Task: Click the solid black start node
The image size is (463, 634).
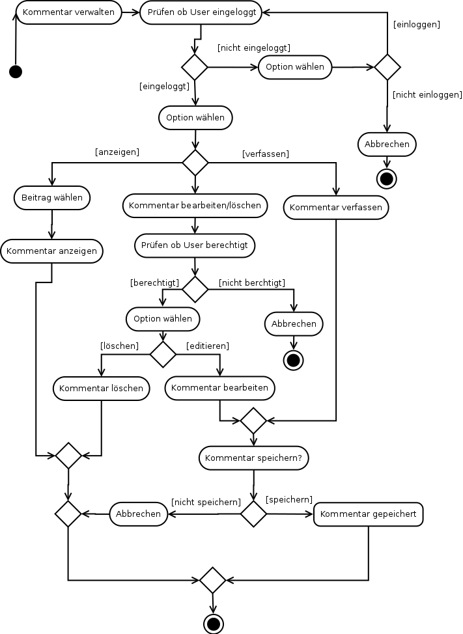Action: pyautogui.click(x=16, y=72)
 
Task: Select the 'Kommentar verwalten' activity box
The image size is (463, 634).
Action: pyautogui.click(x=69, y=12)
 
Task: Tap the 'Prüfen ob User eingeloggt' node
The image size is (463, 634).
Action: pyautogui.click(x=201, y=12)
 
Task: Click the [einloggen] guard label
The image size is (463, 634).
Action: pyautogui.click(x=417, y=25)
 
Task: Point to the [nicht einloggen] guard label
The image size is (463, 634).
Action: pyautogui.click(x=427, y=94)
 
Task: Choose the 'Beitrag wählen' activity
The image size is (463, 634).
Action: pyautogui.click(x=51, y=198)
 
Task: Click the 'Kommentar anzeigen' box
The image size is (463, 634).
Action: pyautogui.click(x=51, y=251)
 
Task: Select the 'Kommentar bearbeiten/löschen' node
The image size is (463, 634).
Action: pyautogui.click(x=195, y=206)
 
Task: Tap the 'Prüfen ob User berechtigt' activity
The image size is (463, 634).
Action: pyautogui.click(x=195, y=245)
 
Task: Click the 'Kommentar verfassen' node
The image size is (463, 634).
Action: pyautogui.click(x=335, y=208)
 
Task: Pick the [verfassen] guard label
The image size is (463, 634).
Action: pyautogui.click(x=265, y=154)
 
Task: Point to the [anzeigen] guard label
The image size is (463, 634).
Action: pyautogui.click(x=117, y=152)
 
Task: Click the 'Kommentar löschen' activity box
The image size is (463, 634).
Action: pyautogui.click(x=101, y=389)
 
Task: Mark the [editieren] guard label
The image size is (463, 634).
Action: pyautogui.click(x=208, y=346)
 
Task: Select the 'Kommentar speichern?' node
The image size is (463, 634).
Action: pyautogui.click(x=253, y=458)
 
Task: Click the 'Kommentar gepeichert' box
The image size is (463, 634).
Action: pyautogui.click(x=369, y=514)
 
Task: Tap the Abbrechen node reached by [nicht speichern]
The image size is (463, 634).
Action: pyautogui.click(x=138, y=514)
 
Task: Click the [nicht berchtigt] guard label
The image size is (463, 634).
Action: pyautogui.click(x=252, y=283)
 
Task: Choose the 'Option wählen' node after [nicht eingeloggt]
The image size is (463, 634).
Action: pyautogui.click(x=295, y=67)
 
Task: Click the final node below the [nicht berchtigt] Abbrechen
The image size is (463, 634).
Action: pyautogui.click(x=294, y=360)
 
